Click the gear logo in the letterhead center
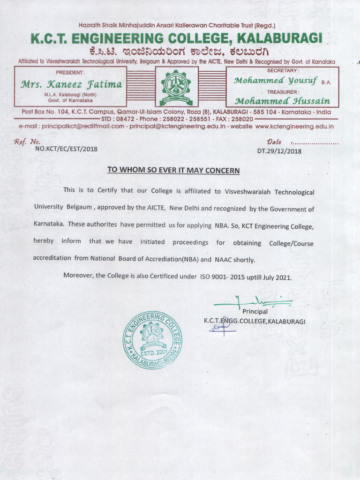pos(176,87)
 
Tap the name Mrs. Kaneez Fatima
pos(71,85)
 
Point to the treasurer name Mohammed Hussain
pos(282,101)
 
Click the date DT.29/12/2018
pos(279,151)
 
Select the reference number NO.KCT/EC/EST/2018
pos(67,150)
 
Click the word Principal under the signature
pos(255,311)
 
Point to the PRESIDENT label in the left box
pos(70,72)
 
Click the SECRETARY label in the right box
pos(283,70)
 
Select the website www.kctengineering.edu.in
pos(294,126)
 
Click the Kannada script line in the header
pos(176,52)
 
